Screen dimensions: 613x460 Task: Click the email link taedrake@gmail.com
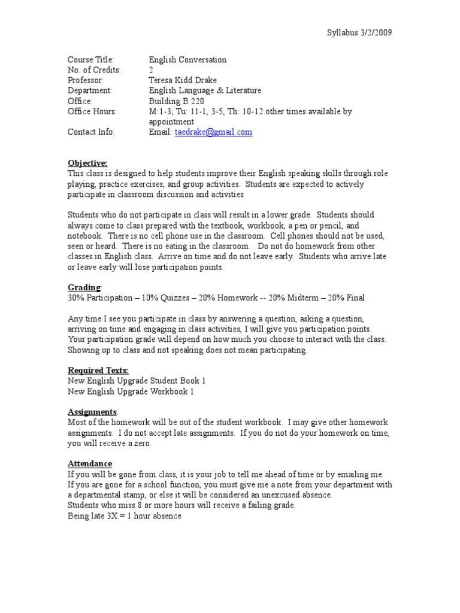213,132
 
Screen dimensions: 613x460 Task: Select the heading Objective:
87,163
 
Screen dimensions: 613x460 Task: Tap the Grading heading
84,287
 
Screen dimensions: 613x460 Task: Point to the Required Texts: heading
98,370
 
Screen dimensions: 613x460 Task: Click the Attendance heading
89,464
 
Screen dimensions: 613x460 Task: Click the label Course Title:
90,60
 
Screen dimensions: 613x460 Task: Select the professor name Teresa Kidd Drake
183,80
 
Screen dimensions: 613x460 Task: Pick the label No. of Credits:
94,70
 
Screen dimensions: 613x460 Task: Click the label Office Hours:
92,111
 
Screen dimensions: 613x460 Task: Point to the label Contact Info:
91,132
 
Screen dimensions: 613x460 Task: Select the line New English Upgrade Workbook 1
131,392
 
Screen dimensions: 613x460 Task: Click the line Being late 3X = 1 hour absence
124,516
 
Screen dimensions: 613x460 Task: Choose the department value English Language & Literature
205,90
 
